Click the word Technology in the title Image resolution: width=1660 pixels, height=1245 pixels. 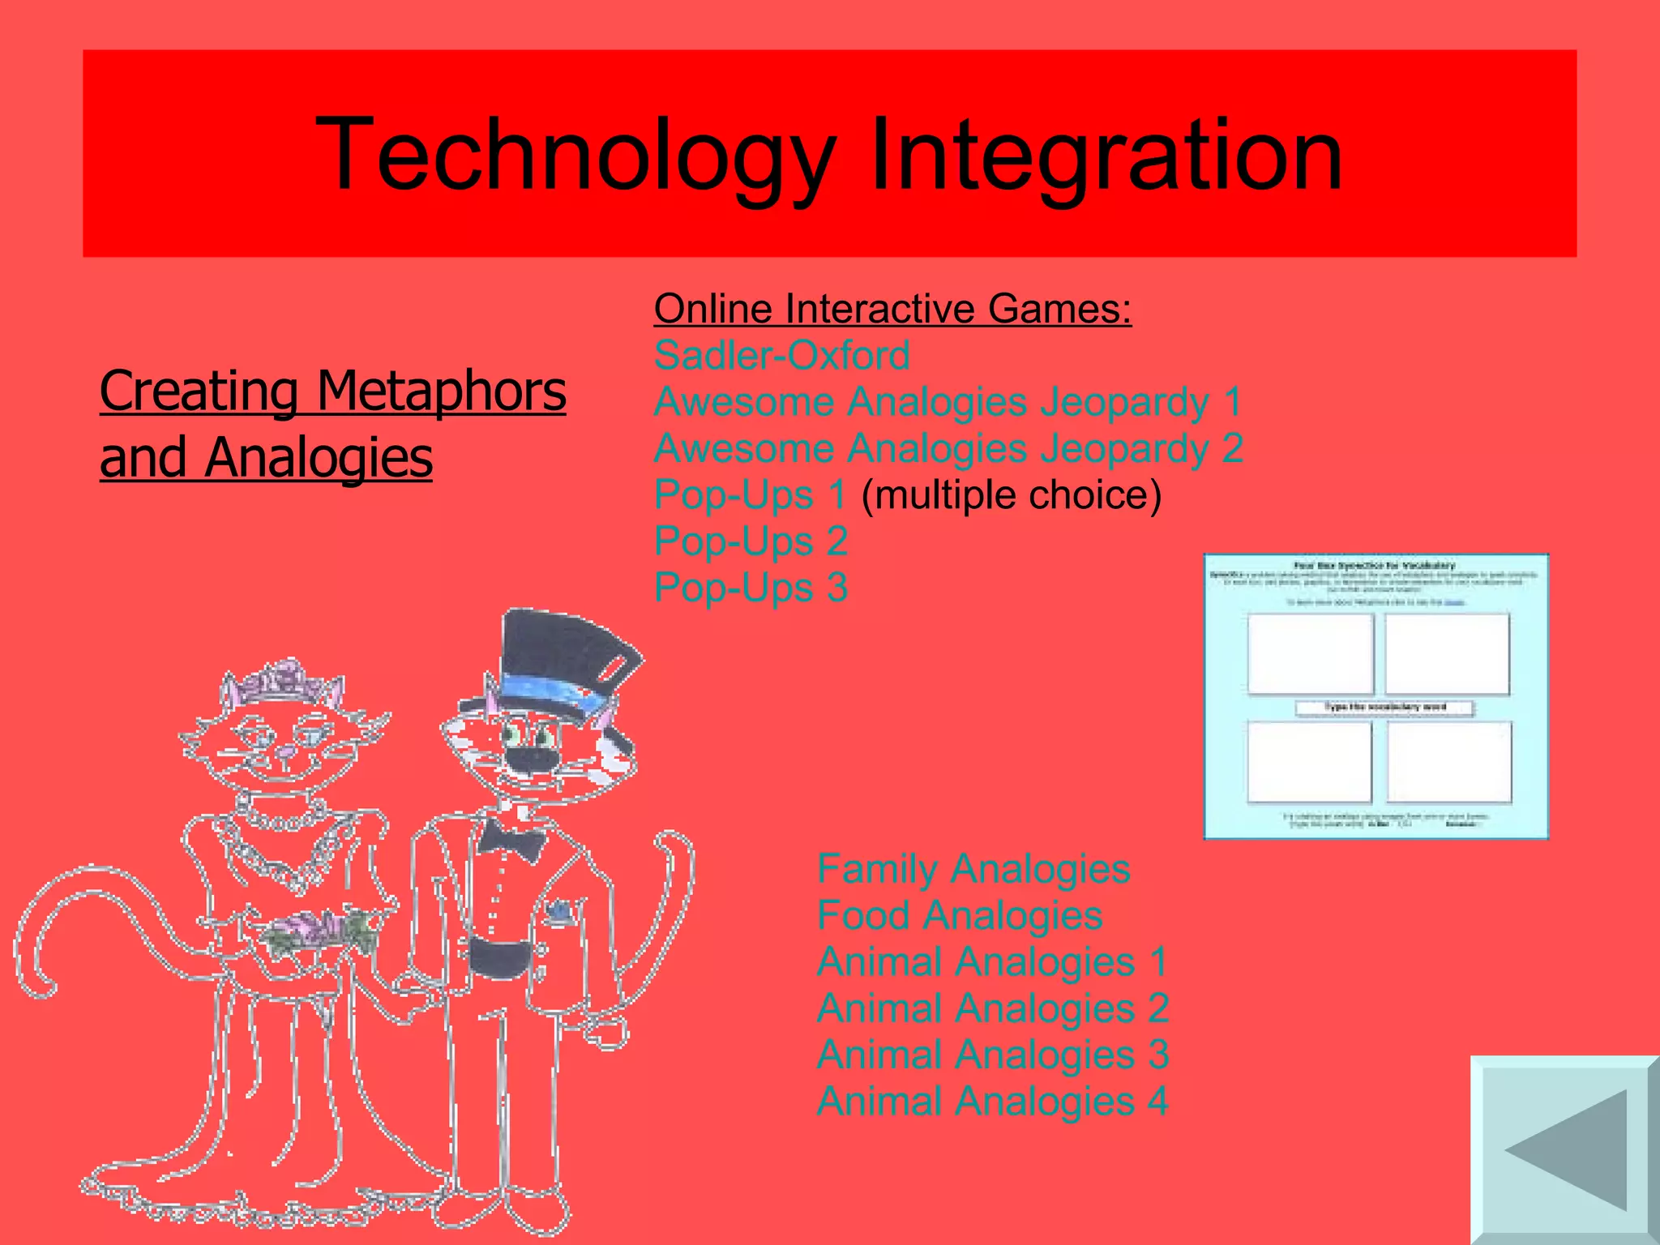(x=575, y=154)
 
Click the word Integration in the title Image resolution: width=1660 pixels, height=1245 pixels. (x=1106, y=154)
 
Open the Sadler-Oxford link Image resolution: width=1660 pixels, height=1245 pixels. (x=781, y=355)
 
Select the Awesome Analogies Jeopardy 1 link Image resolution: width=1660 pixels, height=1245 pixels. (x=948, y=402)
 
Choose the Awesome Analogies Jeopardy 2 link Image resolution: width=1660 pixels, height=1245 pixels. (x=948, y=448)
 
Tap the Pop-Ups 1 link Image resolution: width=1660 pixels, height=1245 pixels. (x=750, y=494)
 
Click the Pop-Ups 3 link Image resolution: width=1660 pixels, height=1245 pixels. (x=750, y=588)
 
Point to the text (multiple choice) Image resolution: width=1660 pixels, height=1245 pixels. (x=1011, y=494)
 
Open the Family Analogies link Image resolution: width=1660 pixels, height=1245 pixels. (x=973, y=869)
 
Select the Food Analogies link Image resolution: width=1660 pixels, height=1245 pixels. (x=959, y=916)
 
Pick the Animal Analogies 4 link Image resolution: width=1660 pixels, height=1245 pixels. (x=992, y=1102)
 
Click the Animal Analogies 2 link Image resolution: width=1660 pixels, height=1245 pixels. (x=992, y=1008)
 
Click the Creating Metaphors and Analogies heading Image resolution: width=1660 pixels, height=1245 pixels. (x=332, y=423)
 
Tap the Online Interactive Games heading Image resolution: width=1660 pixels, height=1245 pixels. (x=892, y=309)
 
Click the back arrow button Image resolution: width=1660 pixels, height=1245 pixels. (x=1565, y=1150)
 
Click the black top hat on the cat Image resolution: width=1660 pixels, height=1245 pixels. (x=559, y=665)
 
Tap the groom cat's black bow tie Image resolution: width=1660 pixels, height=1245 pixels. (x=511, y=840)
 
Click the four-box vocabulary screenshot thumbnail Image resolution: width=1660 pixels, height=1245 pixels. (x=1375, y=695)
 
